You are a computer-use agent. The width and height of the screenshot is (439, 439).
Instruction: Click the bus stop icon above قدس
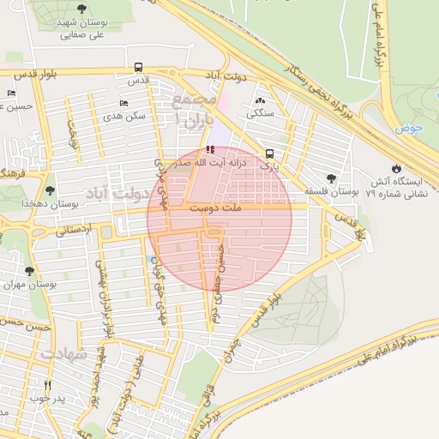click(139, 67)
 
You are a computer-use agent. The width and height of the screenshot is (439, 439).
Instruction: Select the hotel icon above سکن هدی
click(123, 103)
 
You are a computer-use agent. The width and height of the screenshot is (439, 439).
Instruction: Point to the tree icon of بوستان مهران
click(29, 271)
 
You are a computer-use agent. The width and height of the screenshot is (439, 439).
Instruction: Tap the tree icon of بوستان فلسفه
click(331, 178)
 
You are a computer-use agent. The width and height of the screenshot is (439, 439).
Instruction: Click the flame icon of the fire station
click(395, 168)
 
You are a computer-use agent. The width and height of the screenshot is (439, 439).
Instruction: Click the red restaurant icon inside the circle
click(212, 150)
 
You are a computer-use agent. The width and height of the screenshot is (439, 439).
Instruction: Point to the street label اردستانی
click(74, 230)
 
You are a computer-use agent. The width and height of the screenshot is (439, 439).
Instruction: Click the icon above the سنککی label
click(260, 101)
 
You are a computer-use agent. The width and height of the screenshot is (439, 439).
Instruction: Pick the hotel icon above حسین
click(11, 93)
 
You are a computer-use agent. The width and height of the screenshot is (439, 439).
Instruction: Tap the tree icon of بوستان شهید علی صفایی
click(81, 9)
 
